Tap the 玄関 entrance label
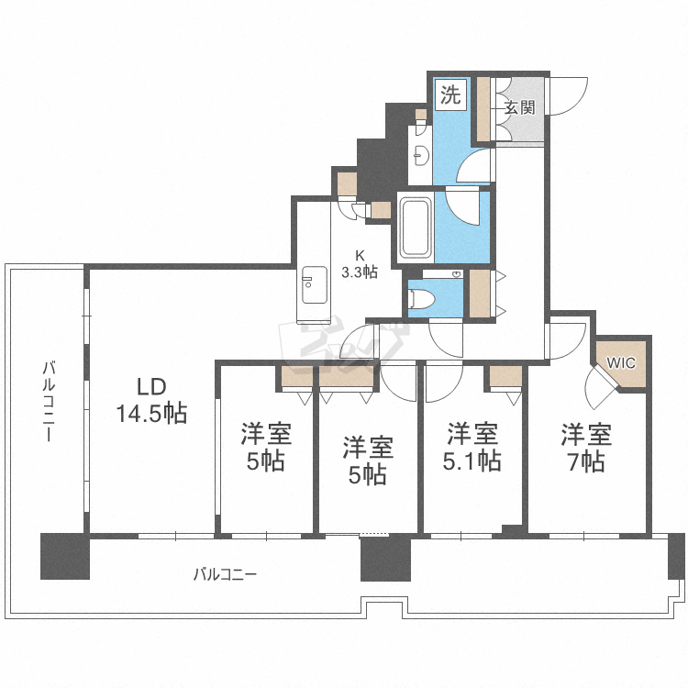519,107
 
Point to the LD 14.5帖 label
150,400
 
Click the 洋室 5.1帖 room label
473,447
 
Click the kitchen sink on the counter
313,284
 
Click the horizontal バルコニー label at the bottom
225,575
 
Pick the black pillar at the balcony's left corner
65,556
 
